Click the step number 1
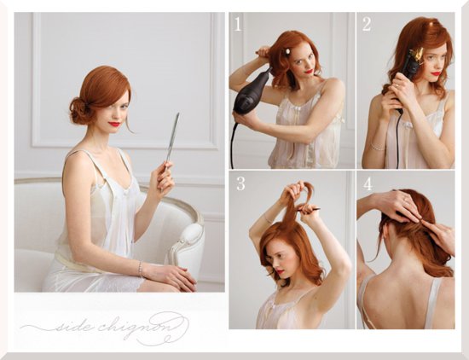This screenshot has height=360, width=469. [238, 24]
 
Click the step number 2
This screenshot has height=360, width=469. [367, 24]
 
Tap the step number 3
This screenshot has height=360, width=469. [240, 183]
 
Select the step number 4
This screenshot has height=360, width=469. [368, 183]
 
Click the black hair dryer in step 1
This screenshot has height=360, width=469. [251, 92]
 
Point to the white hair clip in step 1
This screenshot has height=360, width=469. [288, 51]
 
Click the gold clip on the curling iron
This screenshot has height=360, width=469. [416, 55]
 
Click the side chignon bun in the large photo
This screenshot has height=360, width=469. [79, 110]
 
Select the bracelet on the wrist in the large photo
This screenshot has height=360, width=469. [140, 269]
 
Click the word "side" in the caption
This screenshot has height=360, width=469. [71, 326]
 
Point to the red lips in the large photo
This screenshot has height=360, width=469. [114, 124]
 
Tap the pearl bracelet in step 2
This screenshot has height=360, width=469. [378, 148]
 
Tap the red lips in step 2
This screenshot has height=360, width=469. [436, 73]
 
